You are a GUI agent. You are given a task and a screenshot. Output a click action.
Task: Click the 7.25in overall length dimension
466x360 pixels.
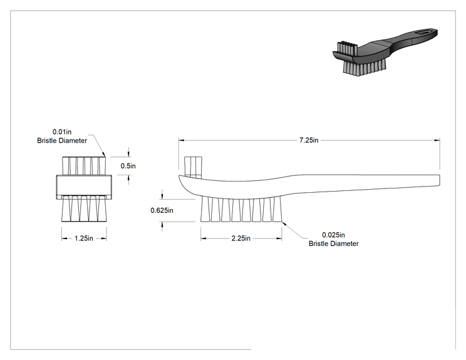point(309,140)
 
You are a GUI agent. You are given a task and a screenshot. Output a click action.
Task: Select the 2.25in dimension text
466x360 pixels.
point(241,238)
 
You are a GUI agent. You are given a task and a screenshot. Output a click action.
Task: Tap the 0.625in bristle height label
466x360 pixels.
point(162,210)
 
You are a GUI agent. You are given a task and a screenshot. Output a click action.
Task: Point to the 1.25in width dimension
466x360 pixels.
point(84,238)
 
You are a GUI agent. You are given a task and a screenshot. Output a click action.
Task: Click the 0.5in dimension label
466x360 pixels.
point(128,166)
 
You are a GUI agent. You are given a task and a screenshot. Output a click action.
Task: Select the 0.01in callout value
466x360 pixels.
point(62,131)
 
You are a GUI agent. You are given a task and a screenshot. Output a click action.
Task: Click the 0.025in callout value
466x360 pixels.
point(333,235)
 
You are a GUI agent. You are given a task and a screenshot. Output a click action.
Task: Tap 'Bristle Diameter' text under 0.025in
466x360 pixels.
point(333,244)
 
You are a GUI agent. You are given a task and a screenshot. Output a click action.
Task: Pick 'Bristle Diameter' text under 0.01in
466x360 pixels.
point(62,140)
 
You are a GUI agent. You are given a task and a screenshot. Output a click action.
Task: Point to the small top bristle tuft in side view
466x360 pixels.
point(193,168)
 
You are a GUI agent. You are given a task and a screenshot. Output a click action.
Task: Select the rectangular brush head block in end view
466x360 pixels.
point(84,187)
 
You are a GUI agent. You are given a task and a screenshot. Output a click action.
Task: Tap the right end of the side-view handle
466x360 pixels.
point(440,180)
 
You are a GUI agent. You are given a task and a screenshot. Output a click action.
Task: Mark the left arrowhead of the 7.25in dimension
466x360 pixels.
point(180,140)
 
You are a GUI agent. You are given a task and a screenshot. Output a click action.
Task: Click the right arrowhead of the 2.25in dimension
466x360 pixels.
point(279,238)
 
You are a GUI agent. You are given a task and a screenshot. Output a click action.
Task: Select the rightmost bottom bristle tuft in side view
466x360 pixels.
point(277,209)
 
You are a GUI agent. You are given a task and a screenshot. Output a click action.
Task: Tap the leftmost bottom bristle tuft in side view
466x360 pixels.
point(205,209)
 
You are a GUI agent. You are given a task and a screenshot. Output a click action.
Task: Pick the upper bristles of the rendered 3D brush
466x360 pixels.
point(347,48)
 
